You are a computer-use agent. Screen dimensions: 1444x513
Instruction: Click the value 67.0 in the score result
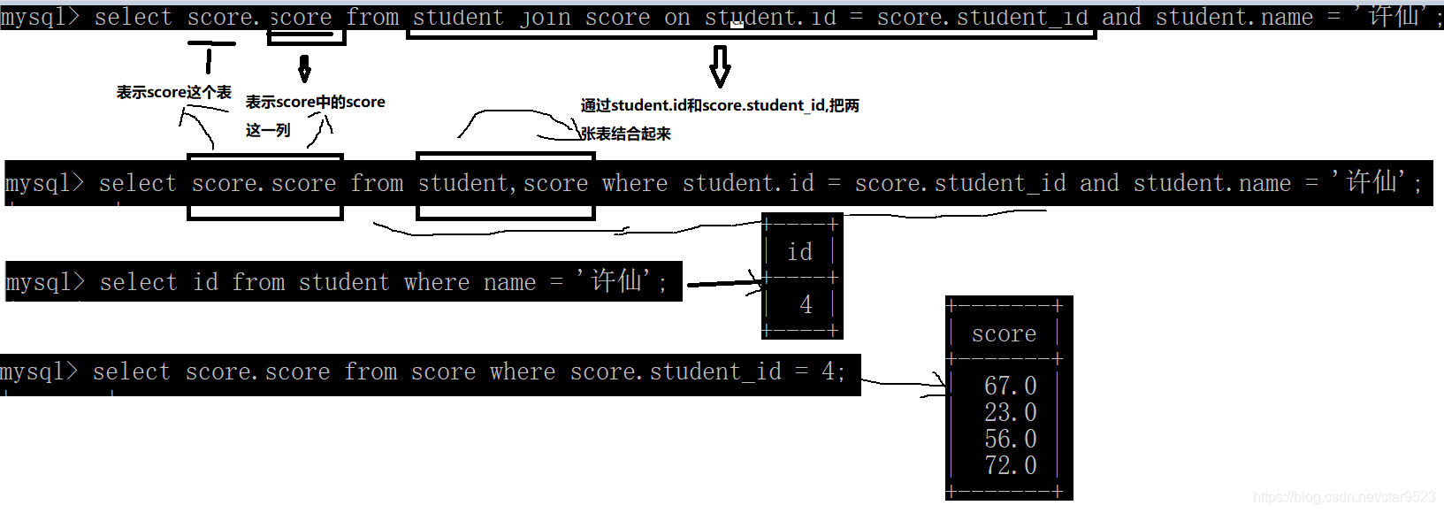click(x=1010, y=386)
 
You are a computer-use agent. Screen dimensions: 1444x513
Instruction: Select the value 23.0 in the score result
click(x=1010, y=412)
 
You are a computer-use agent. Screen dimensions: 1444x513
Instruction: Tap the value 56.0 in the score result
click(x=1010, y=439)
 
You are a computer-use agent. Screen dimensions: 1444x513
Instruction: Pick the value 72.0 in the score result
click(x=1010, y=465)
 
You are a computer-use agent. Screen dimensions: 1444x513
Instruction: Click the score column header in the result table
click(x=1004, y=333)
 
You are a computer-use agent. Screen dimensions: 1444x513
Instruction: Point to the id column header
click(x=799, y=252)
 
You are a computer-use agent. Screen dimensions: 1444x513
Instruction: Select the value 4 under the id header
click(x=806, y=305)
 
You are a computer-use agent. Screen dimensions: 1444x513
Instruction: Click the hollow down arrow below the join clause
click(x=721, y=66)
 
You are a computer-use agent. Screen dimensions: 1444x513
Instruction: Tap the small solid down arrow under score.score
click(x=304, y=68)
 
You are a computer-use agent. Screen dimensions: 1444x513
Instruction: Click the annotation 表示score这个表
click(x=173, y=92)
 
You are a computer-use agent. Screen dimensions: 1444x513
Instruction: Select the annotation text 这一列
click(x=268, y=130)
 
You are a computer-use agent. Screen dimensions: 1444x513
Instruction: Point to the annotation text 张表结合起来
click(x=626, y=134)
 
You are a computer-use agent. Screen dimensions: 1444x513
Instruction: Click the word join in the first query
click(x=546, y=17)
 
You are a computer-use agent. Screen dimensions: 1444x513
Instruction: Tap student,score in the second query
click(x=503, y=183)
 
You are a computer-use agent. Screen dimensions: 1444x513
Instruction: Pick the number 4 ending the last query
click(x=828, y=371)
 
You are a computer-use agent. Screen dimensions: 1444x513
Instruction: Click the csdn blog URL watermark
click(x=1344, y=497)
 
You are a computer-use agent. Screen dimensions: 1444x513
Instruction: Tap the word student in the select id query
click(x=343, y=282)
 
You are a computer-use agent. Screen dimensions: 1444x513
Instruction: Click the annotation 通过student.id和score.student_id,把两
click(x=720, y=105)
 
